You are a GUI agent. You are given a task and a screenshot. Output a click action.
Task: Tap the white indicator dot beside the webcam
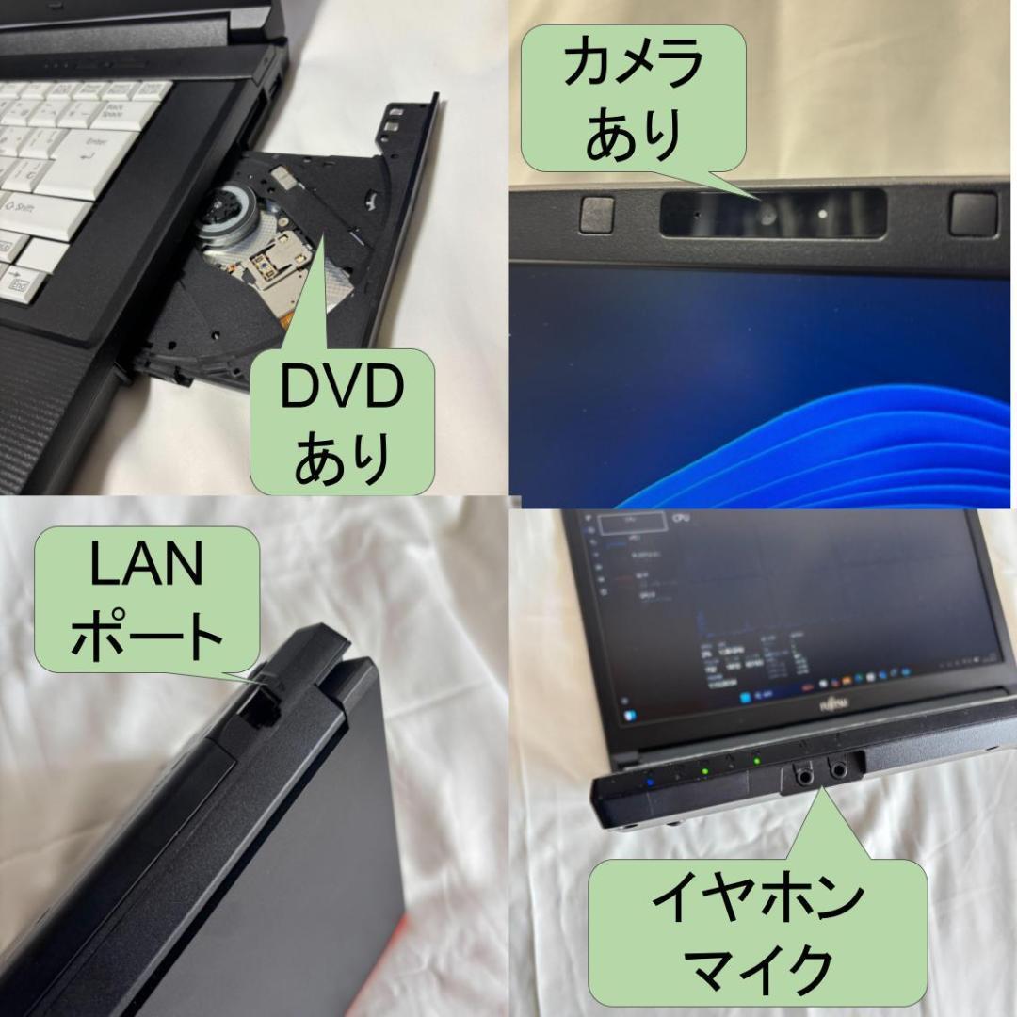[823, 214]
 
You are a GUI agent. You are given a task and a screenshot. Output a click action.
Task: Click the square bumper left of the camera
[597, 214]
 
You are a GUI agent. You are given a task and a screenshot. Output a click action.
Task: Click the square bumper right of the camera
[972, 213]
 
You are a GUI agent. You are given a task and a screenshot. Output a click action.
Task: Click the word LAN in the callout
[145, 569]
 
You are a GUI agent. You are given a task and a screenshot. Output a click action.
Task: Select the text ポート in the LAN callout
[147, 636]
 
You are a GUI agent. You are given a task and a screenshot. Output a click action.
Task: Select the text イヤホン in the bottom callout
[757, 899]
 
